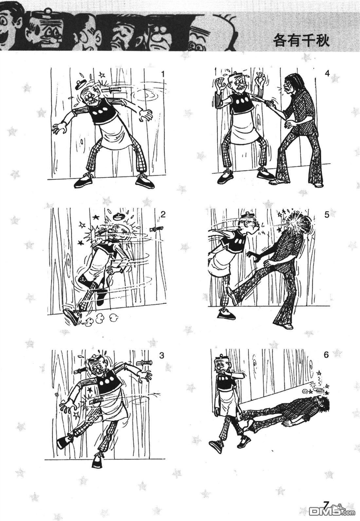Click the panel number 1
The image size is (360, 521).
point(163,74)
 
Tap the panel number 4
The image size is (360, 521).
point(327,74)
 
